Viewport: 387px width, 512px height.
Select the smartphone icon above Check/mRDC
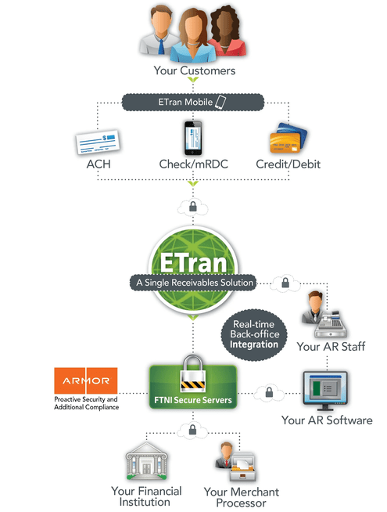tap(192, 138)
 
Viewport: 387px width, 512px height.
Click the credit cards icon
tap(288, 142)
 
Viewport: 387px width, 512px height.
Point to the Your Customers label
tap(194, 71)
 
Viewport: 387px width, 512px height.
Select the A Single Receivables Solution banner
tap(194, 282)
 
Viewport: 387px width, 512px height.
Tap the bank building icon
tap(147, 462)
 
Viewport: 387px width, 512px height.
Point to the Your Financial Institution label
tap(147, 496)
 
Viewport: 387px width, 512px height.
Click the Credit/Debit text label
tap(288, 165)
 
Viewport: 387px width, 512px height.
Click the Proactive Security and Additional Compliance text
tap(86, 403)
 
